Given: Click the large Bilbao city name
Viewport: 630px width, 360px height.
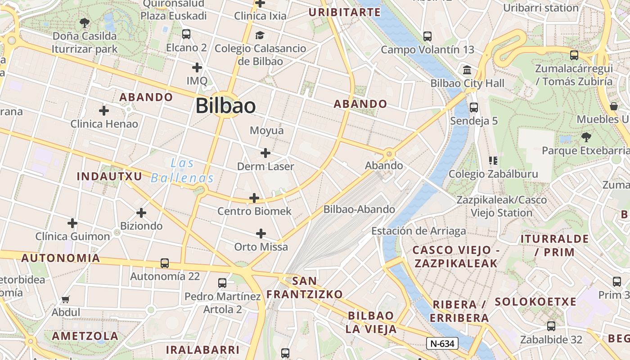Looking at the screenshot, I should point(225,106).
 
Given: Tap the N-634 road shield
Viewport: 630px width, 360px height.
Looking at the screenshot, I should point(442,343).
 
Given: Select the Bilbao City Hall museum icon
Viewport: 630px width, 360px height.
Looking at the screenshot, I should point(467,70).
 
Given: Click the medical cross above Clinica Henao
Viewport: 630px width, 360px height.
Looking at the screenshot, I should point(104,110).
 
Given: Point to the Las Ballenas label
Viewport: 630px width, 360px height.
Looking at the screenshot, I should point(182,171).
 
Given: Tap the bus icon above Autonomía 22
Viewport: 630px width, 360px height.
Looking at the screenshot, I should point(165,263).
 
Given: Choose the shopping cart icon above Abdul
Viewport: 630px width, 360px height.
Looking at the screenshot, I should point(66,299).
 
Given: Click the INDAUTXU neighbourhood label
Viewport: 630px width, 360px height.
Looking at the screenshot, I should point(109,176).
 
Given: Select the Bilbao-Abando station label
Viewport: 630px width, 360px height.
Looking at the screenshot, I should point(359,209).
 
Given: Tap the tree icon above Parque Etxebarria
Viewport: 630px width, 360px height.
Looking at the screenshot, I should point(585,137).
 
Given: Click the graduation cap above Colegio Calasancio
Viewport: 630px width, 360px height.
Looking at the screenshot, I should point(260,35).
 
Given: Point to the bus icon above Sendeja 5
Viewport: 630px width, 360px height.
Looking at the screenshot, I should point(474,108).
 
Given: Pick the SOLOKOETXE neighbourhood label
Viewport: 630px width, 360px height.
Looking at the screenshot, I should point(535,301).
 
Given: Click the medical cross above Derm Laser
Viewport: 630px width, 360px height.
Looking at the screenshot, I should point(265,153).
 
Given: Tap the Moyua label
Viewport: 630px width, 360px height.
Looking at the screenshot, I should point(267,130).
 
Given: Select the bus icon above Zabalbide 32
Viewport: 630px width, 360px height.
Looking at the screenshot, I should point(551,326).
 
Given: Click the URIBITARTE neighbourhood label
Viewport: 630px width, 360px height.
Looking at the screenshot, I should point(344,12).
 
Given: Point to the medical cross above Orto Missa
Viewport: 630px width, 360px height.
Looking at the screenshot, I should point(261,234).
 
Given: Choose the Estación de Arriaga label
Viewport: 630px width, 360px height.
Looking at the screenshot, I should point(418,231).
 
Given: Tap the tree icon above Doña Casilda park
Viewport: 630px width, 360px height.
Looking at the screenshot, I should point(84,22).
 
